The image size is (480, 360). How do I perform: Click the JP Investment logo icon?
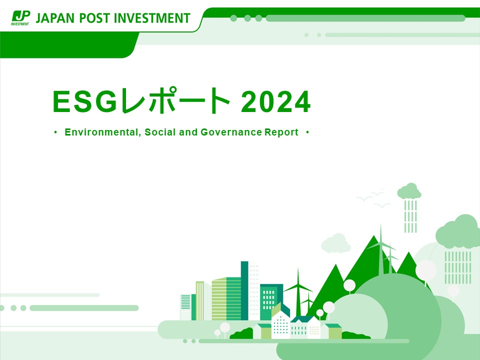(20, 18)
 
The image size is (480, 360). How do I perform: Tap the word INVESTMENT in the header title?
(152, 18)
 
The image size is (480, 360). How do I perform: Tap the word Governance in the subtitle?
(231, 132)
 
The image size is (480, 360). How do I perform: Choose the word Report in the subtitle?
(281, 132)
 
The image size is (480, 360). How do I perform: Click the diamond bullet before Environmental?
(55, 132)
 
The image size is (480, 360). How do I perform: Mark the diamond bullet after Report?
(307, 132)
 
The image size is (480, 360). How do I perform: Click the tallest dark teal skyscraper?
(244, 290)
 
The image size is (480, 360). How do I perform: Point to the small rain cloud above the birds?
(409, 191)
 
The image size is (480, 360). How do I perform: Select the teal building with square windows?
(271, 301)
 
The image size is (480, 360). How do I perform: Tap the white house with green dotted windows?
(280, 325)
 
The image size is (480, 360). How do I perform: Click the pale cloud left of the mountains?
(336, 243)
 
